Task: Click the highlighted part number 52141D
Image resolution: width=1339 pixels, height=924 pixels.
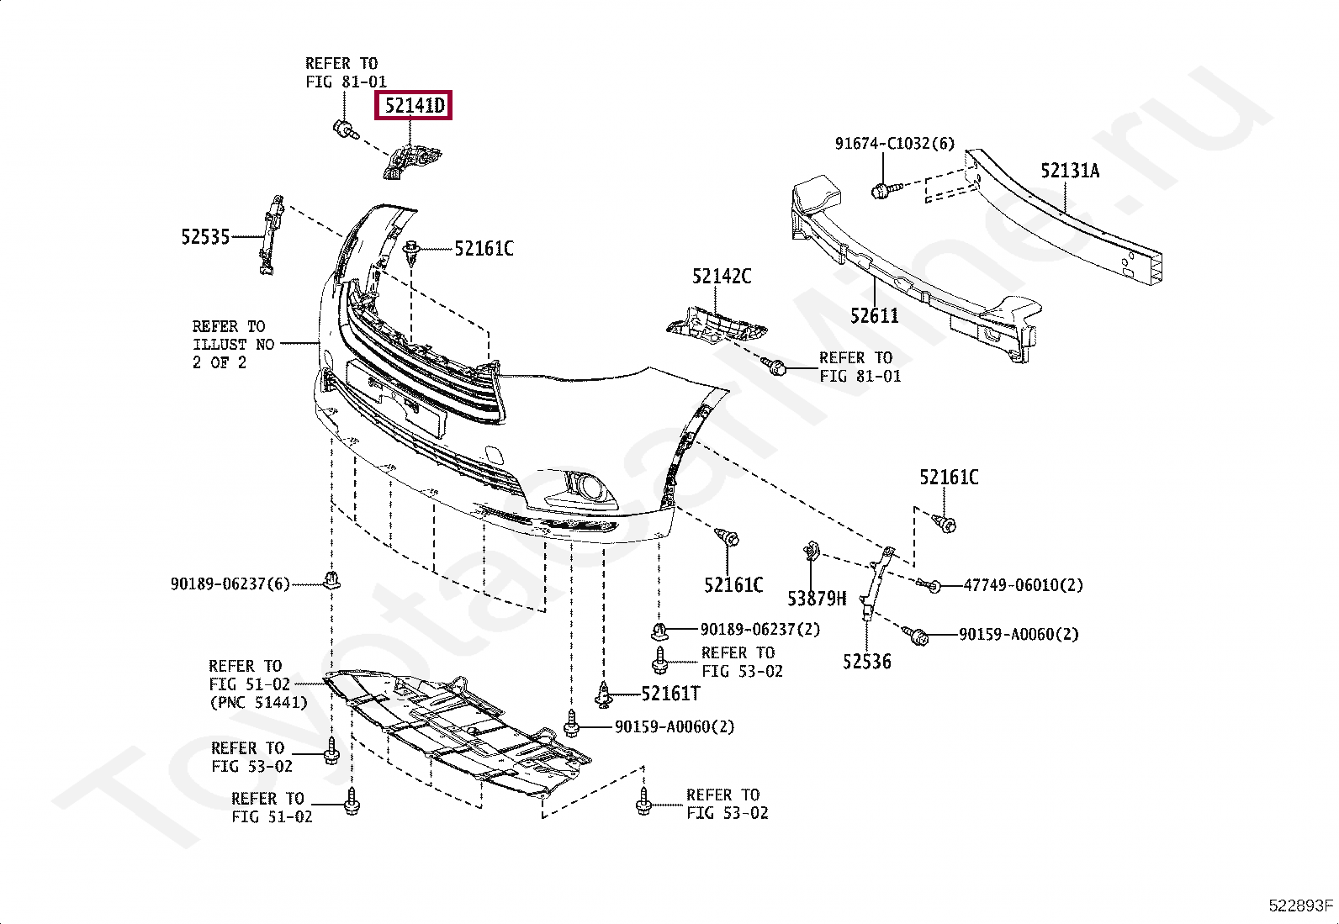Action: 414,106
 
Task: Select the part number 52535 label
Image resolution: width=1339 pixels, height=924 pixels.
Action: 205,237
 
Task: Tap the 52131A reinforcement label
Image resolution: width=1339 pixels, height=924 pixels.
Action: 1070,172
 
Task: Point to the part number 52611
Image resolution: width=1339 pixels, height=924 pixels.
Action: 874,316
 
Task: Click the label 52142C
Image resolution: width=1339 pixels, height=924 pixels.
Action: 722,277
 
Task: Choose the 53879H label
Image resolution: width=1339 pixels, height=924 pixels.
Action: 817,599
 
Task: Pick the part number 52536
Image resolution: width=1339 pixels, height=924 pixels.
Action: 866,662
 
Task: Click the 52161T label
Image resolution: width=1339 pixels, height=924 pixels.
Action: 670,694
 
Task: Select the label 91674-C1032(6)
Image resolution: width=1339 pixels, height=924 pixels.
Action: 894,144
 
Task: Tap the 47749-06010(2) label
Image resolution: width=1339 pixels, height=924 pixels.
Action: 1023,585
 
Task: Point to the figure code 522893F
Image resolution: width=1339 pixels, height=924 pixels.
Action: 1300,906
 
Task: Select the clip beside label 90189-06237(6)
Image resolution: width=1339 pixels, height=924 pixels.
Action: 333,578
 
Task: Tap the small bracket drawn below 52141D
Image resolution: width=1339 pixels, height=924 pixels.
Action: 414,161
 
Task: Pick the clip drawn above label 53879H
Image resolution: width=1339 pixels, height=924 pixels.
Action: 812,552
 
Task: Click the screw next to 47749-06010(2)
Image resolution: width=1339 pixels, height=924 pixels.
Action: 929,584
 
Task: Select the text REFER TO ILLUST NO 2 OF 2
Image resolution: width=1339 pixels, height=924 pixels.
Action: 233,345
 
